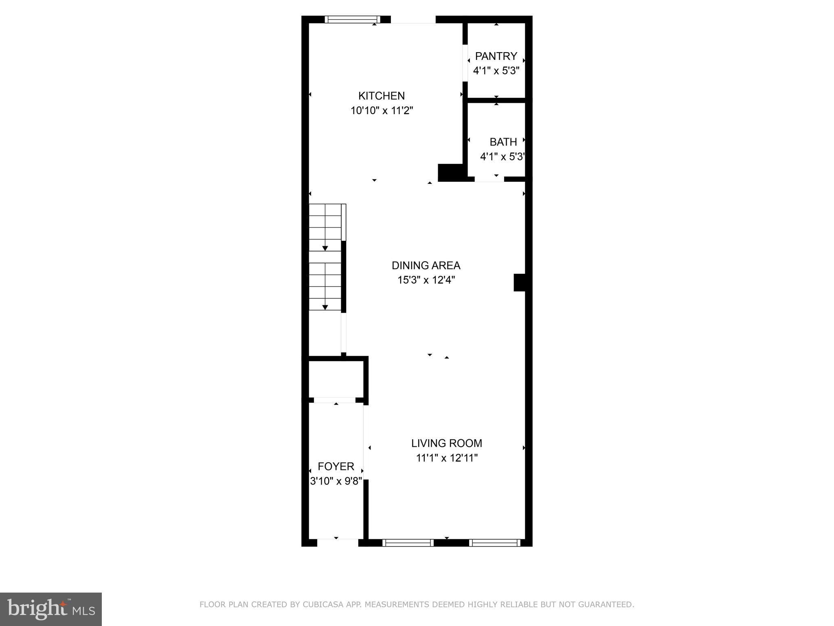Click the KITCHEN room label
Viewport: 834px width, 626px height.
point(381,96)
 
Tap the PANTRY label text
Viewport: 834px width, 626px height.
point(496,56)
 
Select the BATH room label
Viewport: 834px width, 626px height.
point(503,142)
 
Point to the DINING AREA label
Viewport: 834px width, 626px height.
point(426,265)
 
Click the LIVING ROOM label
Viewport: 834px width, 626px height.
point(446,443)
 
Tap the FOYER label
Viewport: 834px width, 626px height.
point(336,466)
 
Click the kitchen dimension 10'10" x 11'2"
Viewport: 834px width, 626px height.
point(382,110)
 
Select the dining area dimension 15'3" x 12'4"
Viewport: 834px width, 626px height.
point(426,280)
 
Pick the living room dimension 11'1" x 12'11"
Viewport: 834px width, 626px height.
point(446,458)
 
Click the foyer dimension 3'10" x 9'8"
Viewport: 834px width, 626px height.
point(336,481)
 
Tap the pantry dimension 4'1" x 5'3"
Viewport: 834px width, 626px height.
point(496,71)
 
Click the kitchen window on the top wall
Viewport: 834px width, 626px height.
point(352,19)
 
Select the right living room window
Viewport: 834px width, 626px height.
point(494,542)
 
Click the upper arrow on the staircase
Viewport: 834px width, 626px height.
point(325,248)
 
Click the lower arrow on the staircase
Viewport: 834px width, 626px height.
point(325,307)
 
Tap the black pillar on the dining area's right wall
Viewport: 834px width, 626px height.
point(519,282)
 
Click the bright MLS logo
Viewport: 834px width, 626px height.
point(51,609)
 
